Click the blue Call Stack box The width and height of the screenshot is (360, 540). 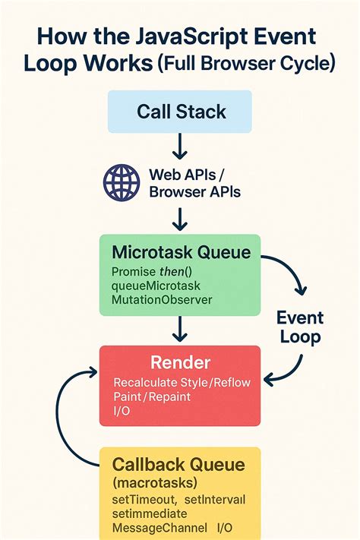(180, 112)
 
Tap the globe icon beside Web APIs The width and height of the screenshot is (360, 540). (121, 182)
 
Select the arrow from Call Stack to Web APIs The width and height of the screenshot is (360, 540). (180, 147)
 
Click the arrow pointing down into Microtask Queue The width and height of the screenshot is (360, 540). (180, 218)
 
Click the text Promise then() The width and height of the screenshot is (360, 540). (150, 271)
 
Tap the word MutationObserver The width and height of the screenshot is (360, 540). (162, 300)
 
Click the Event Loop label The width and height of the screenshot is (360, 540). (300, 327)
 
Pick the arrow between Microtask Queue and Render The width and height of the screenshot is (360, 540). (180, 330)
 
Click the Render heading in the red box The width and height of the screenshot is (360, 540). (180, 362)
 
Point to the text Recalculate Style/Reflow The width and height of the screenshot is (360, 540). (181, 382)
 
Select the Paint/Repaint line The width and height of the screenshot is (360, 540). (152, 396)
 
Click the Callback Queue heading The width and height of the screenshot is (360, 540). (179, 465)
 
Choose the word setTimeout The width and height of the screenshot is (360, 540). (144, 499)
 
